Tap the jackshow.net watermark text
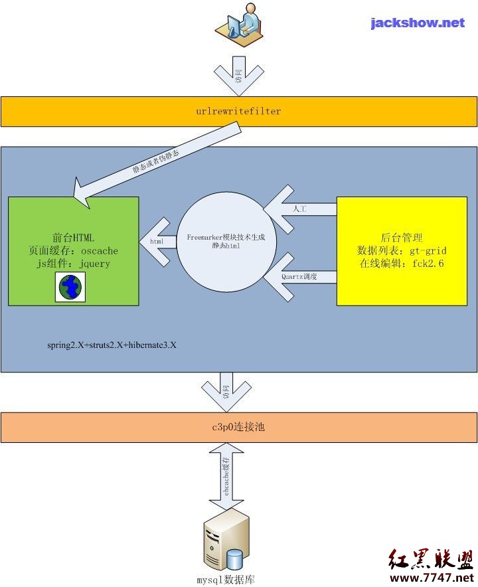point(418,23)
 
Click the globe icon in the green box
point(70,287)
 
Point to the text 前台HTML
point(73,238)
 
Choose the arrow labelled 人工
point(299,209)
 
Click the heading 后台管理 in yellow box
point(402,238)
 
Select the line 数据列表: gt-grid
point(402,250)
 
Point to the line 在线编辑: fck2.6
point(402,263)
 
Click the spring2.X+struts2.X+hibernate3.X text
point(112,346)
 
